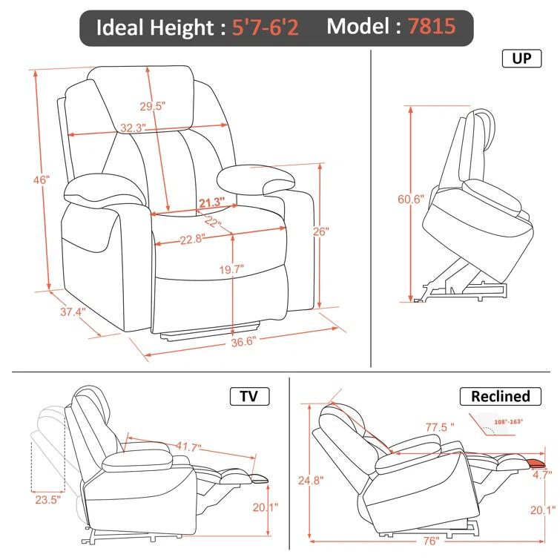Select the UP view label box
[521, 59]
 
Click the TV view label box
[249, 396]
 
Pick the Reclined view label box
[501, 396]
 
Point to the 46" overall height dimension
[41, 180]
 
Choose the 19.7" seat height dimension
[231, 269]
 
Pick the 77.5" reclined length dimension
[440, 428]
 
